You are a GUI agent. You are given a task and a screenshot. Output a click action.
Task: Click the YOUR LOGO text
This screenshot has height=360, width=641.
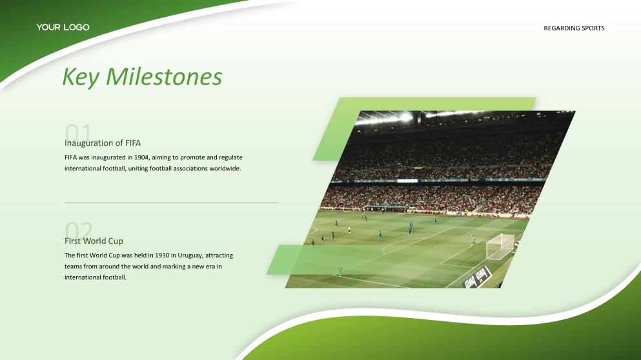63,27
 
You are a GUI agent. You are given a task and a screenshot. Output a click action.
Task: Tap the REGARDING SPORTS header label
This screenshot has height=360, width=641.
574,28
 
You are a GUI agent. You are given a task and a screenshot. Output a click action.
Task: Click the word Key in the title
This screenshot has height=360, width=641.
81,77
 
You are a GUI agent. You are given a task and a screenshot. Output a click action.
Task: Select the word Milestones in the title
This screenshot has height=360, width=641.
164,76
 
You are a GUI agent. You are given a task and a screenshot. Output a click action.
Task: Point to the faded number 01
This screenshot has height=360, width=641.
77,132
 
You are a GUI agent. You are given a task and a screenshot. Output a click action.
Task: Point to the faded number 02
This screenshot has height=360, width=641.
79,230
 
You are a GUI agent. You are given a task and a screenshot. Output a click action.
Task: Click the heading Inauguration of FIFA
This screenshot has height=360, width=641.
103,143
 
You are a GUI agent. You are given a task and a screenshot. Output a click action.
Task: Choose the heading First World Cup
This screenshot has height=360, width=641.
94,241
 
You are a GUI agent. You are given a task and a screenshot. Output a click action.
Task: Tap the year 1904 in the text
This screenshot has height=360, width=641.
142,157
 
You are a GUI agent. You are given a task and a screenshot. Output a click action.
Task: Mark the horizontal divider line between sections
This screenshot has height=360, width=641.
172,203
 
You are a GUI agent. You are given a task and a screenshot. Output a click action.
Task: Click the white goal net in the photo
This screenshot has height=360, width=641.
500,246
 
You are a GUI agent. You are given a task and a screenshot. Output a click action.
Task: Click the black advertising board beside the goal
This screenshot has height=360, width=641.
477,278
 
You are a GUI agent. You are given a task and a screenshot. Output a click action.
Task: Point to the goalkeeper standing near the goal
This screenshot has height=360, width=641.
473,240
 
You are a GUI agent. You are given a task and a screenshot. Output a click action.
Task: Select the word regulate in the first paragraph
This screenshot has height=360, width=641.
230,157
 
